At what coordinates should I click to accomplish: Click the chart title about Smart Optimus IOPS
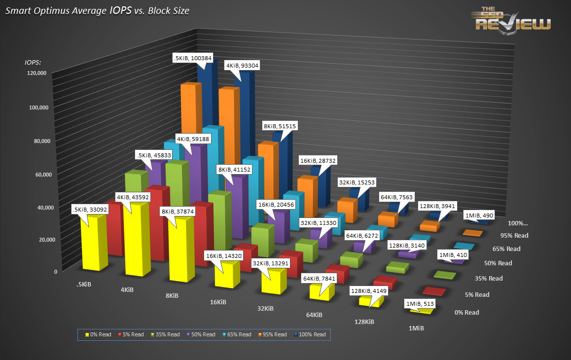click(x=97, y=10)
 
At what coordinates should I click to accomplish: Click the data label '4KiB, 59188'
click(x=194, y=139)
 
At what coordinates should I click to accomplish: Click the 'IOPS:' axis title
click(x=33, y=62)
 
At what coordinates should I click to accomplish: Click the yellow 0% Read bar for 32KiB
click(x=273, y=281)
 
